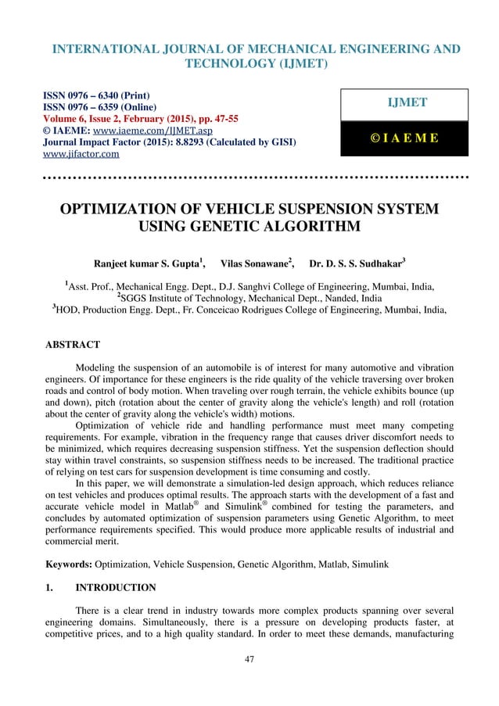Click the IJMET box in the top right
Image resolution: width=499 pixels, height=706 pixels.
click(x=402, y=104)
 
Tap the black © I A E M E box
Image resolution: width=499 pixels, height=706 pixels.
click(x=402, y=138)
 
